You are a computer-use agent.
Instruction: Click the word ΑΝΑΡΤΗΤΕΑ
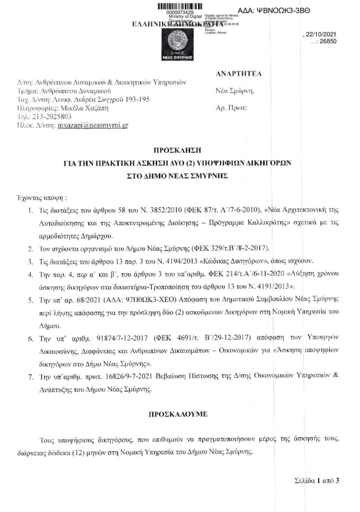pyautogui.click(x=238, y=73)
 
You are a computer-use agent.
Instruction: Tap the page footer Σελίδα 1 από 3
pyautogui.click(x=316, y=481)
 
